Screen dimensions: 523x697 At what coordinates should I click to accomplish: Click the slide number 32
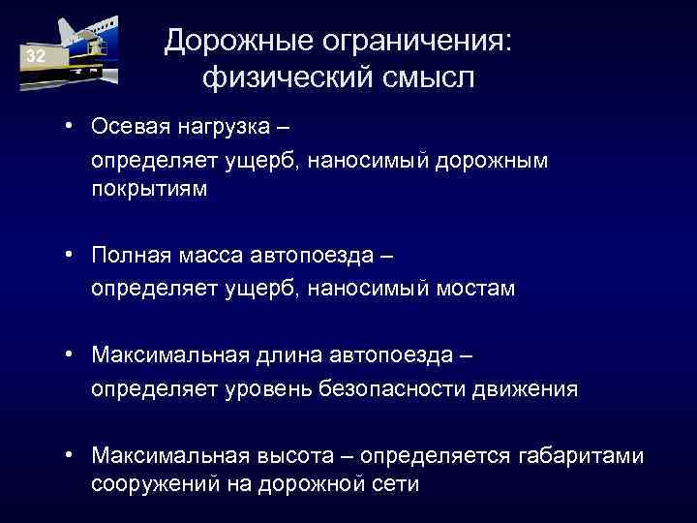click(x=36, y=57)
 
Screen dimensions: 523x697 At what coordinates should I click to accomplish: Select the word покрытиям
click(x=149, y=189)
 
